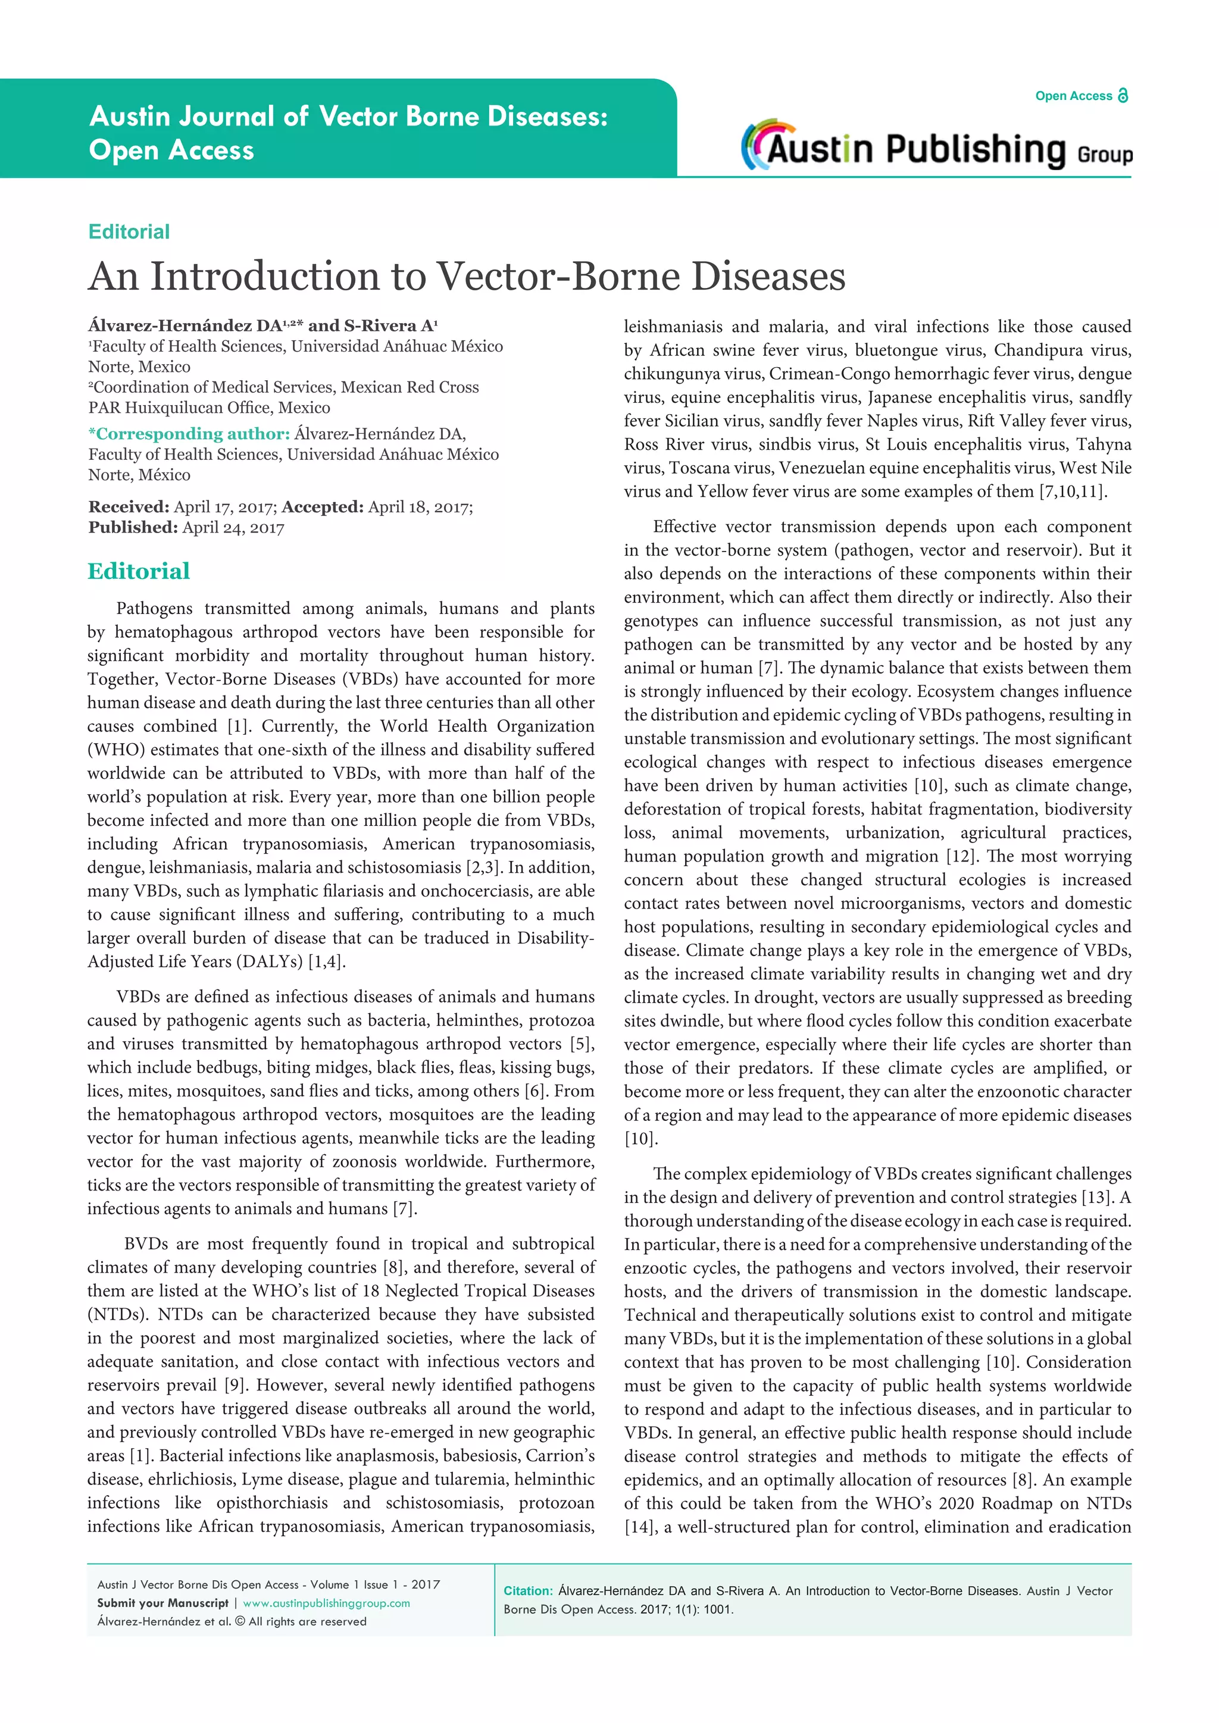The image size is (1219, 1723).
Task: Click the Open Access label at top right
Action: pos(1073,96)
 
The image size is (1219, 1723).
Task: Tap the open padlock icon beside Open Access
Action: pos(1123,95)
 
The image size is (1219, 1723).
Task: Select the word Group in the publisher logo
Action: pos(1104,155)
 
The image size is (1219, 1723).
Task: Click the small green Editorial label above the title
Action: pos(129,232)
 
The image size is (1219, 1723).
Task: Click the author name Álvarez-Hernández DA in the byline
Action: pos(185,325)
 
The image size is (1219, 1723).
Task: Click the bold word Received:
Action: pos(129,507)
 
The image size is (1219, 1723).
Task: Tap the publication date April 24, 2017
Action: pos(233,528)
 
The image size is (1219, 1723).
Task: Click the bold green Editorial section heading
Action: pos(139,571)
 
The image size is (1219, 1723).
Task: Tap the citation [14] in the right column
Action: pos(639,1527)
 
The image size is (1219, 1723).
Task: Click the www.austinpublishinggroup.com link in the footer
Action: pos(327,1603)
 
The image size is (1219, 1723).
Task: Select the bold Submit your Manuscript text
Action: pos(163,1603)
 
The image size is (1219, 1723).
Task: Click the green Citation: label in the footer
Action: pos(528,1591)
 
